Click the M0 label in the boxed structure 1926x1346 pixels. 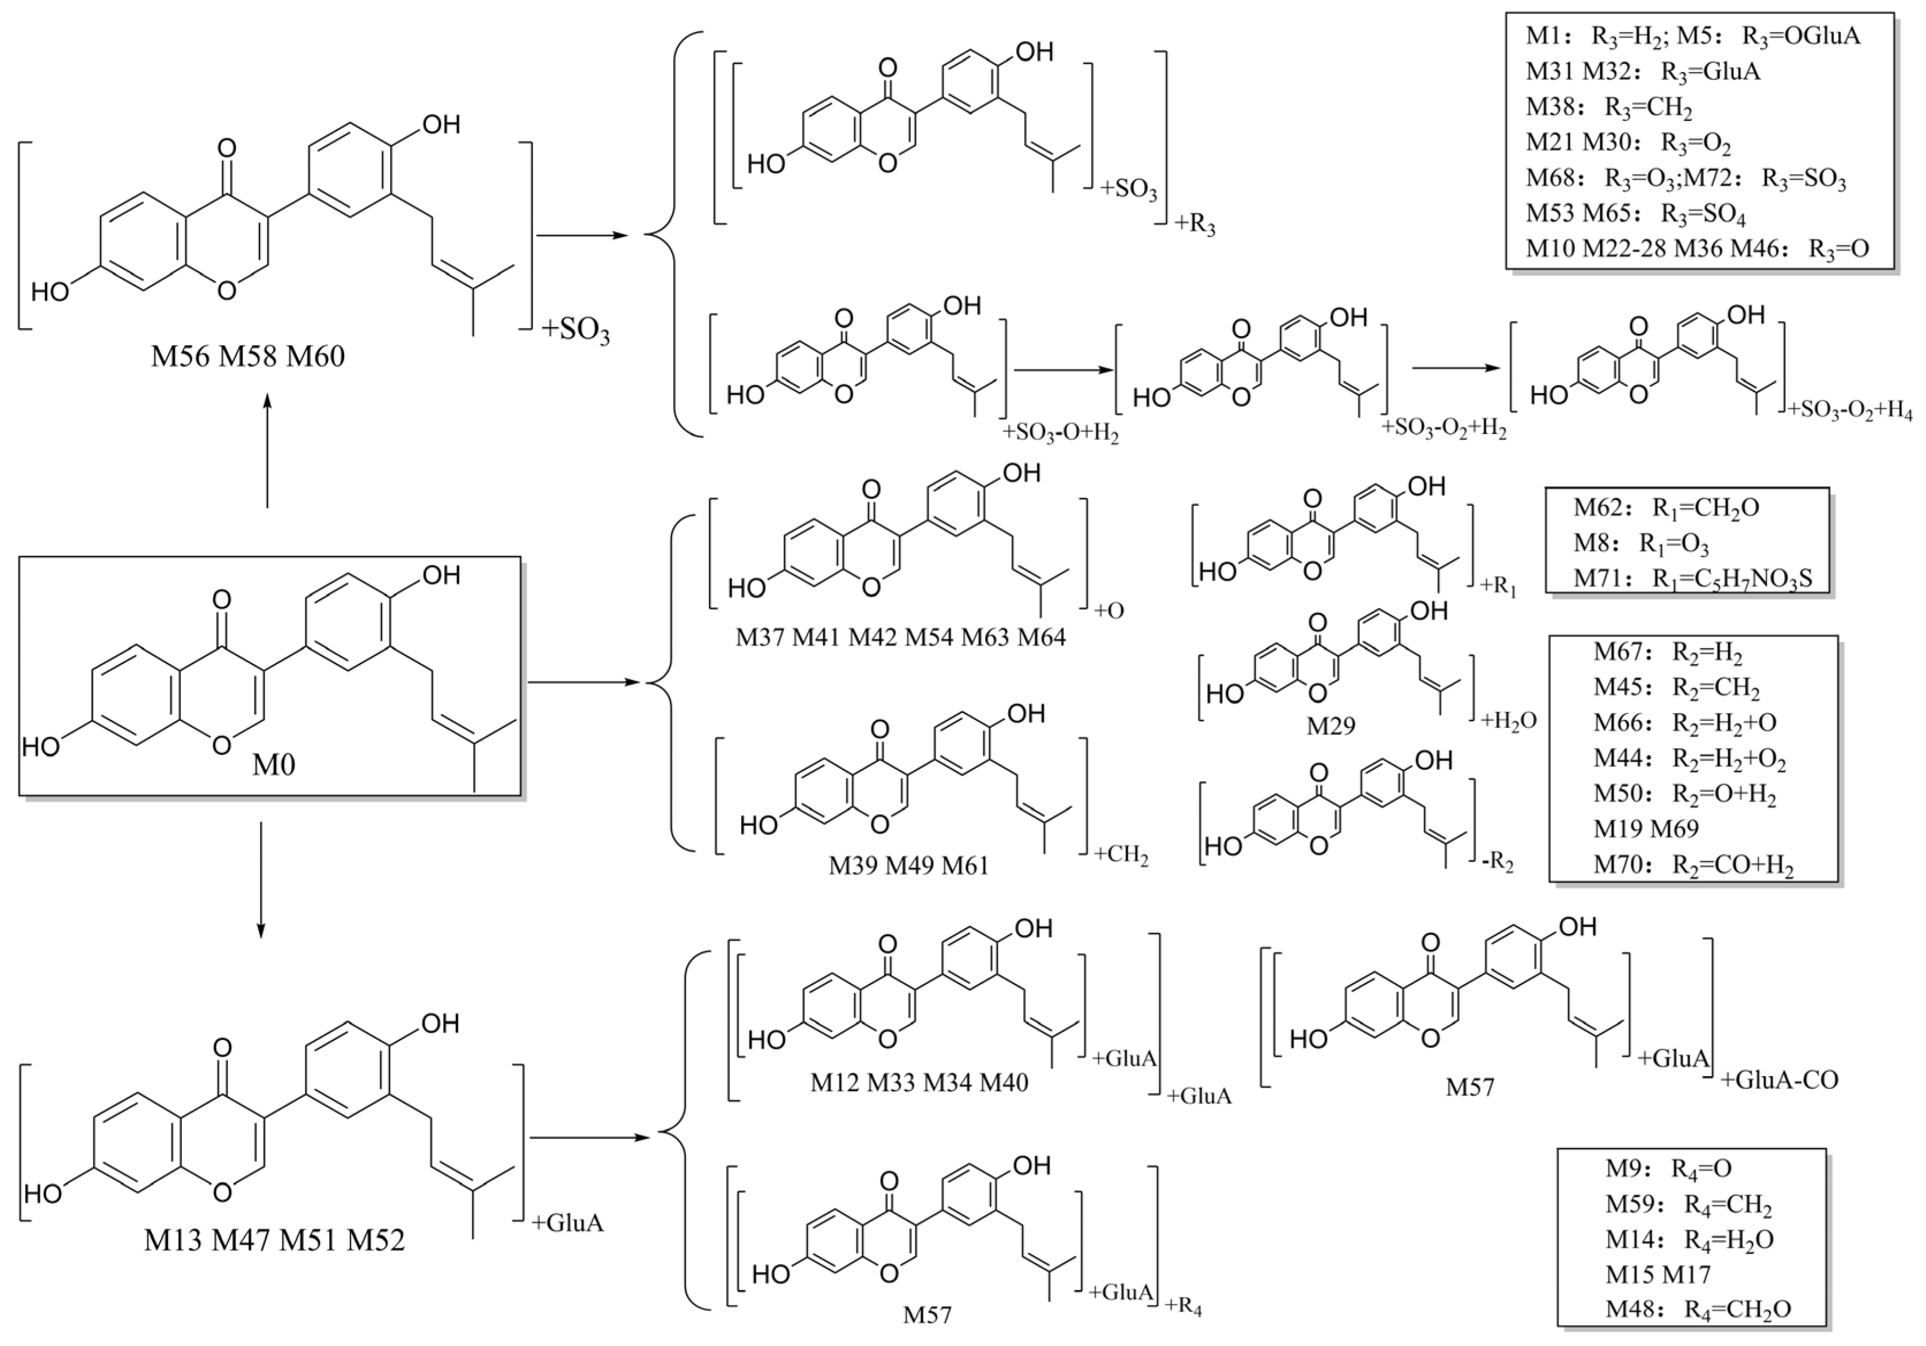tap(273, 765)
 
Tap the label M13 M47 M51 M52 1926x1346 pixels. tap(274, 1240)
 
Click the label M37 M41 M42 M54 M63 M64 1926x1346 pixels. tap(900, 638)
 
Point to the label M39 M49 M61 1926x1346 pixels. tap(909, 864)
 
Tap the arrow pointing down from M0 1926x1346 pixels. tap(261, 880)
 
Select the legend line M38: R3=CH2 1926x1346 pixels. tap(1608, 108)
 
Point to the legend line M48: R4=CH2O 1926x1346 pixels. tap(1698, 1310)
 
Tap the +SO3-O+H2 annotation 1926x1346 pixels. tap(1061, 433)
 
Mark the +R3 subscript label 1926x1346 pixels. tap(1195, 225)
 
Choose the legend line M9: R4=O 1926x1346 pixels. tap(1657, 1168)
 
